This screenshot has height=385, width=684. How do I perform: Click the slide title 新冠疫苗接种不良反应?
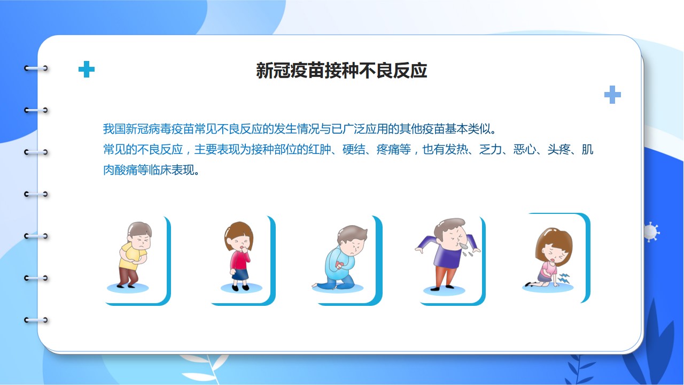point(341,71)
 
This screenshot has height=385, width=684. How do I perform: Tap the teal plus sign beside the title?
point(87,69)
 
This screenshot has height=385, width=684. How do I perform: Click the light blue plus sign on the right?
point(612,95)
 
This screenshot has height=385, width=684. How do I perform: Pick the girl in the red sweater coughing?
point(239,256)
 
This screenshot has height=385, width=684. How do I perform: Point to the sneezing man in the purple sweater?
point(447,253)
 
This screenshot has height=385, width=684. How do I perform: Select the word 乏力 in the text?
point(491,149)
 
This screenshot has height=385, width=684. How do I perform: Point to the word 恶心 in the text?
point(525,149)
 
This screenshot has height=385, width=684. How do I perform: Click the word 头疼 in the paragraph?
point(559,149)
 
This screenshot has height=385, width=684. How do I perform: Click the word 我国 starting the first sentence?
point(114,129)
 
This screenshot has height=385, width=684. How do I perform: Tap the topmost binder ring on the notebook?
point(36,68)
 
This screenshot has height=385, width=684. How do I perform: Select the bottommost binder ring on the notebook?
point(36,320)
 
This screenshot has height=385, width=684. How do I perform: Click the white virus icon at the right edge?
point(651,232)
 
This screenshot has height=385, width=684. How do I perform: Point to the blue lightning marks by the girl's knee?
point(564,278)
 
